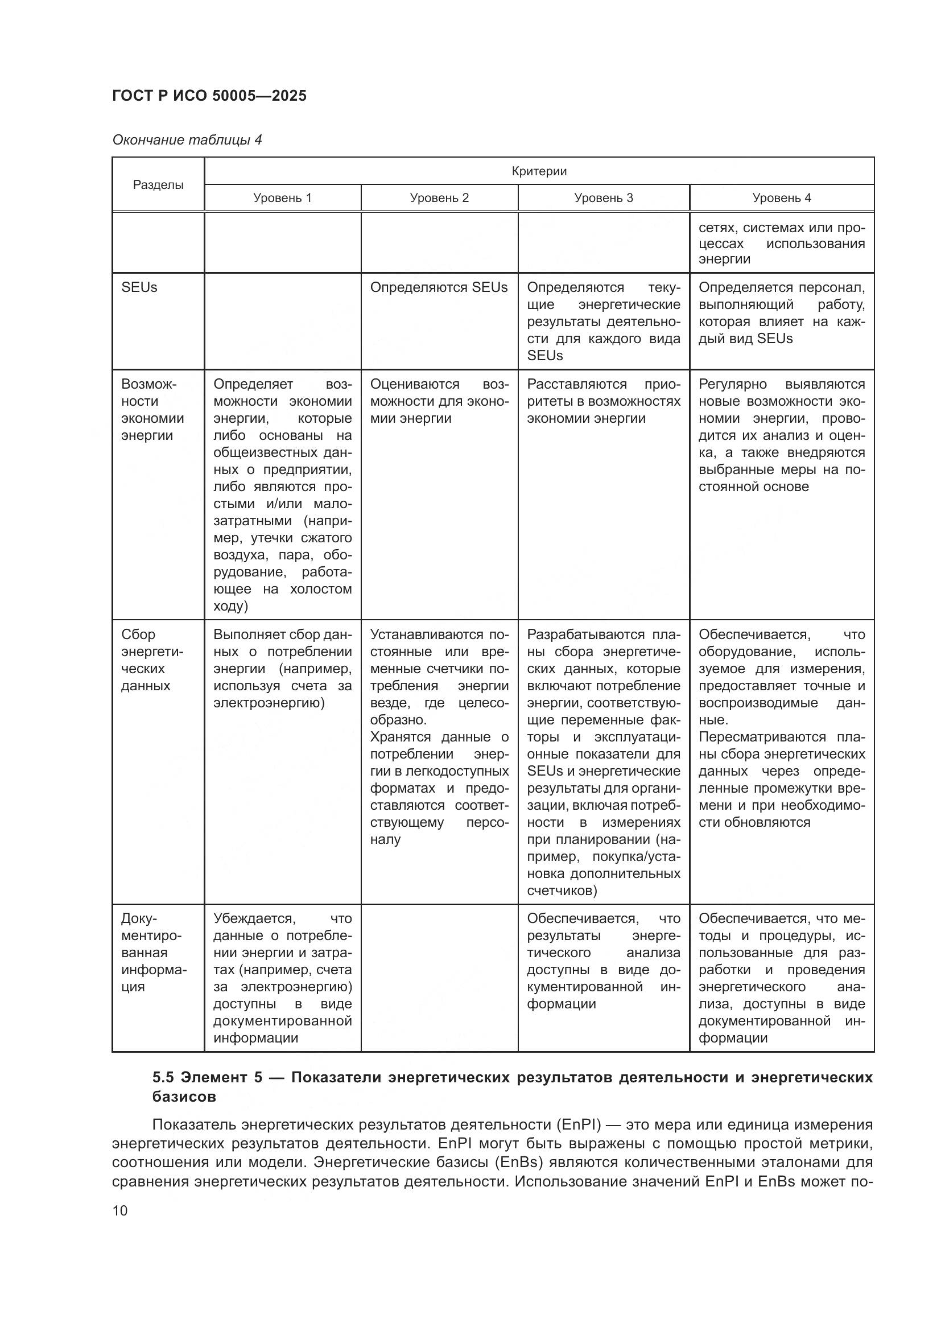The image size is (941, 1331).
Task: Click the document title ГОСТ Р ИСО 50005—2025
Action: tap(209, 96)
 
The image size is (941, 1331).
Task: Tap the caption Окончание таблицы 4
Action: tap(187, 140)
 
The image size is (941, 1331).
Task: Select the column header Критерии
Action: tap(539, 171)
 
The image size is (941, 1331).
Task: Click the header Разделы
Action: tap(158, 184)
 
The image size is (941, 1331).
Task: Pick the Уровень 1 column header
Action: tap(282, 197)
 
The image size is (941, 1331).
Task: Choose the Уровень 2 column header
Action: tap(439, 197)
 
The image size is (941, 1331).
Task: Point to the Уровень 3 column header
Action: tap(603, 197)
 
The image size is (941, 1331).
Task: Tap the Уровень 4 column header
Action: tap(781, 197)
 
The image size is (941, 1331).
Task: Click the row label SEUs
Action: tap(139, 287)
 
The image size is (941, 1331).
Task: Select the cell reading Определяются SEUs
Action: tap(439, 287)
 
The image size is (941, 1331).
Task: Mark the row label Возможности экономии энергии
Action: tap(152, 409)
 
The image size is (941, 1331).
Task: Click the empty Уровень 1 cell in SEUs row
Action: tap(282, 320)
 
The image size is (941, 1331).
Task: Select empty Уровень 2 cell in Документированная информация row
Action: tap(439, 977)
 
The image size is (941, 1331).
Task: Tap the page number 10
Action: tap(120, 1210)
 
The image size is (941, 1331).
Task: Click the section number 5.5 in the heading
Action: tap(162, 1077)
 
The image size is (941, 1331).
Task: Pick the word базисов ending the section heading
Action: tap(184, 1096)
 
